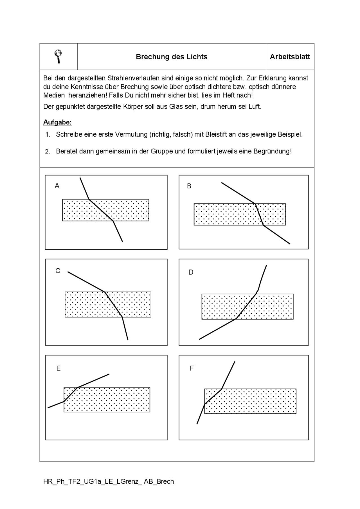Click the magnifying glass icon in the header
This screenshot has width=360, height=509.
point(58,56)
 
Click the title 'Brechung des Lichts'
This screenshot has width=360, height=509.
point(172,57)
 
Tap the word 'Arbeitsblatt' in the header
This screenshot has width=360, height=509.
point(290,57)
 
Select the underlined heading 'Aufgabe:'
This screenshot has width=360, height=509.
point(57,122)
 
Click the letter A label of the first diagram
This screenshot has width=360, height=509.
point(57,186)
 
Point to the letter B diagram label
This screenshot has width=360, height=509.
point(189,186)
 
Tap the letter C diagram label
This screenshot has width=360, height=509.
point(58,271)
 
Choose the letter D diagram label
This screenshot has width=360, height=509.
point(191,272)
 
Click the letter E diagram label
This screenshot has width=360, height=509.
point(58,368)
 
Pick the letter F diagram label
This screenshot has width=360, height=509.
point(192,368)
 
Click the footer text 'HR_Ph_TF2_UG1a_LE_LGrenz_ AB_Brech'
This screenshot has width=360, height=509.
point(109,481)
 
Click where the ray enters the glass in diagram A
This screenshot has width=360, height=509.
point(89,199)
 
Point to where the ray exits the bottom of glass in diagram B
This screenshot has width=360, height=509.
point(263,225)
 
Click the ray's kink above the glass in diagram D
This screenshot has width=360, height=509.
point(258,289)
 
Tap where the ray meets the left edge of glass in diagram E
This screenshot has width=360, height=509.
point(64,401)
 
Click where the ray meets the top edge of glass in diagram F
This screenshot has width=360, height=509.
point(222,389)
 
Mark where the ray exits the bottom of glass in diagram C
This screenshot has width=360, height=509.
point(122,317)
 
